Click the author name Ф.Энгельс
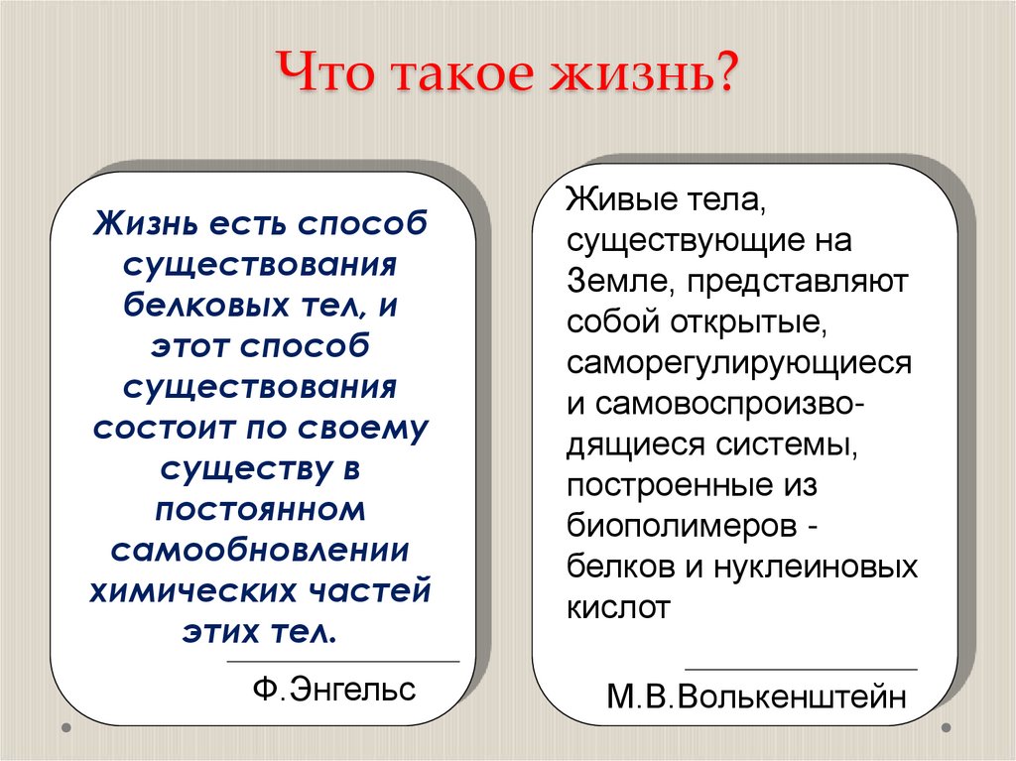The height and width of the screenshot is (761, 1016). click(x=334, y=689)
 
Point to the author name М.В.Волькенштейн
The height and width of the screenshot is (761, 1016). click(x=757, y=697)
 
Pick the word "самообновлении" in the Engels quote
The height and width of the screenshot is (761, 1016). click(x=262, y=551)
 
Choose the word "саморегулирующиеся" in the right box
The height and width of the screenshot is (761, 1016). click(x=739, y=363)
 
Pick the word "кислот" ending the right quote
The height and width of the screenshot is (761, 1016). click(x=618, y=607)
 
